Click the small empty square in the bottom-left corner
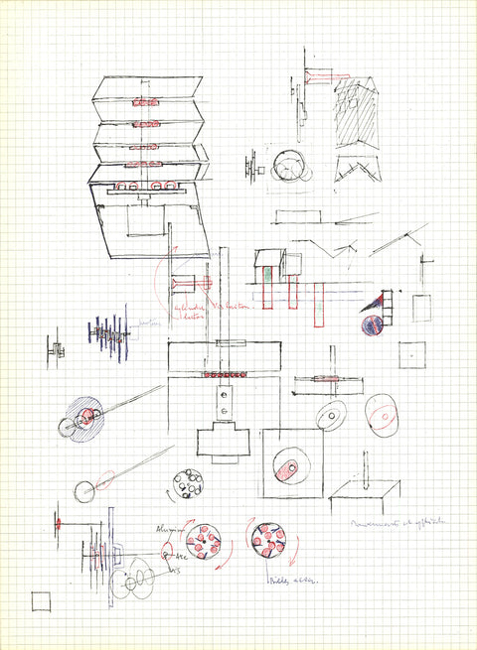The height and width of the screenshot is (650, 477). (x=41, y=601)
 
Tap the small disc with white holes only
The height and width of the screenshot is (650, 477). (x=187, y=484)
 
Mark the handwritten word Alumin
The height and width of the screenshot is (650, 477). (x=164, y=530)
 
